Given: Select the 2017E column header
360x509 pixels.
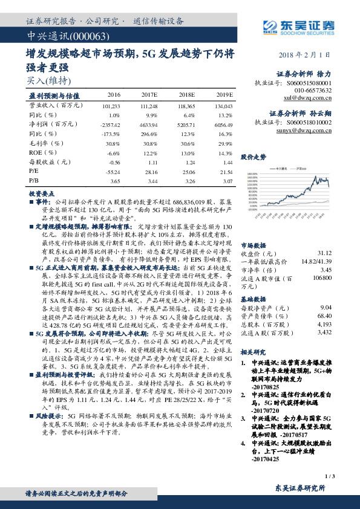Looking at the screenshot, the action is (149, 96).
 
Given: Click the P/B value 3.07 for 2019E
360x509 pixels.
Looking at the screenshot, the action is (227, 180).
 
